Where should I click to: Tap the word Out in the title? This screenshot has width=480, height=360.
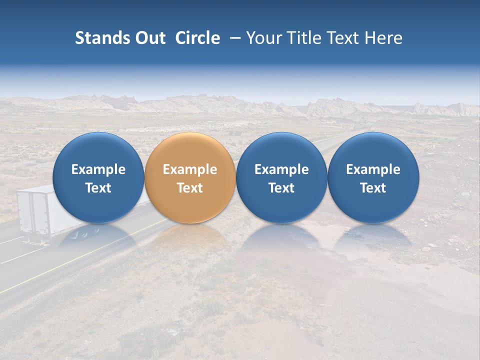tap(148, 38)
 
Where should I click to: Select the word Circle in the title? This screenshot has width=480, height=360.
tap(197, 38)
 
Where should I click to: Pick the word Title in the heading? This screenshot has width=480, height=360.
tap(304, 38)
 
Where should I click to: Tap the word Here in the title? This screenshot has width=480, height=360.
tap(383, 38)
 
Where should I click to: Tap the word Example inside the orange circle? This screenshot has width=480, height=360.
tap(190, 169)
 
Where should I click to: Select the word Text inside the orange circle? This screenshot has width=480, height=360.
tap(190, 188)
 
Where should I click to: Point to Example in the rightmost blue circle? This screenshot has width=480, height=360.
tap(373, 169)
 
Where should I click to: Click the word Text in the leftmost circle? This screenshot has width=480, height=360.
tap(98, 188)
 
